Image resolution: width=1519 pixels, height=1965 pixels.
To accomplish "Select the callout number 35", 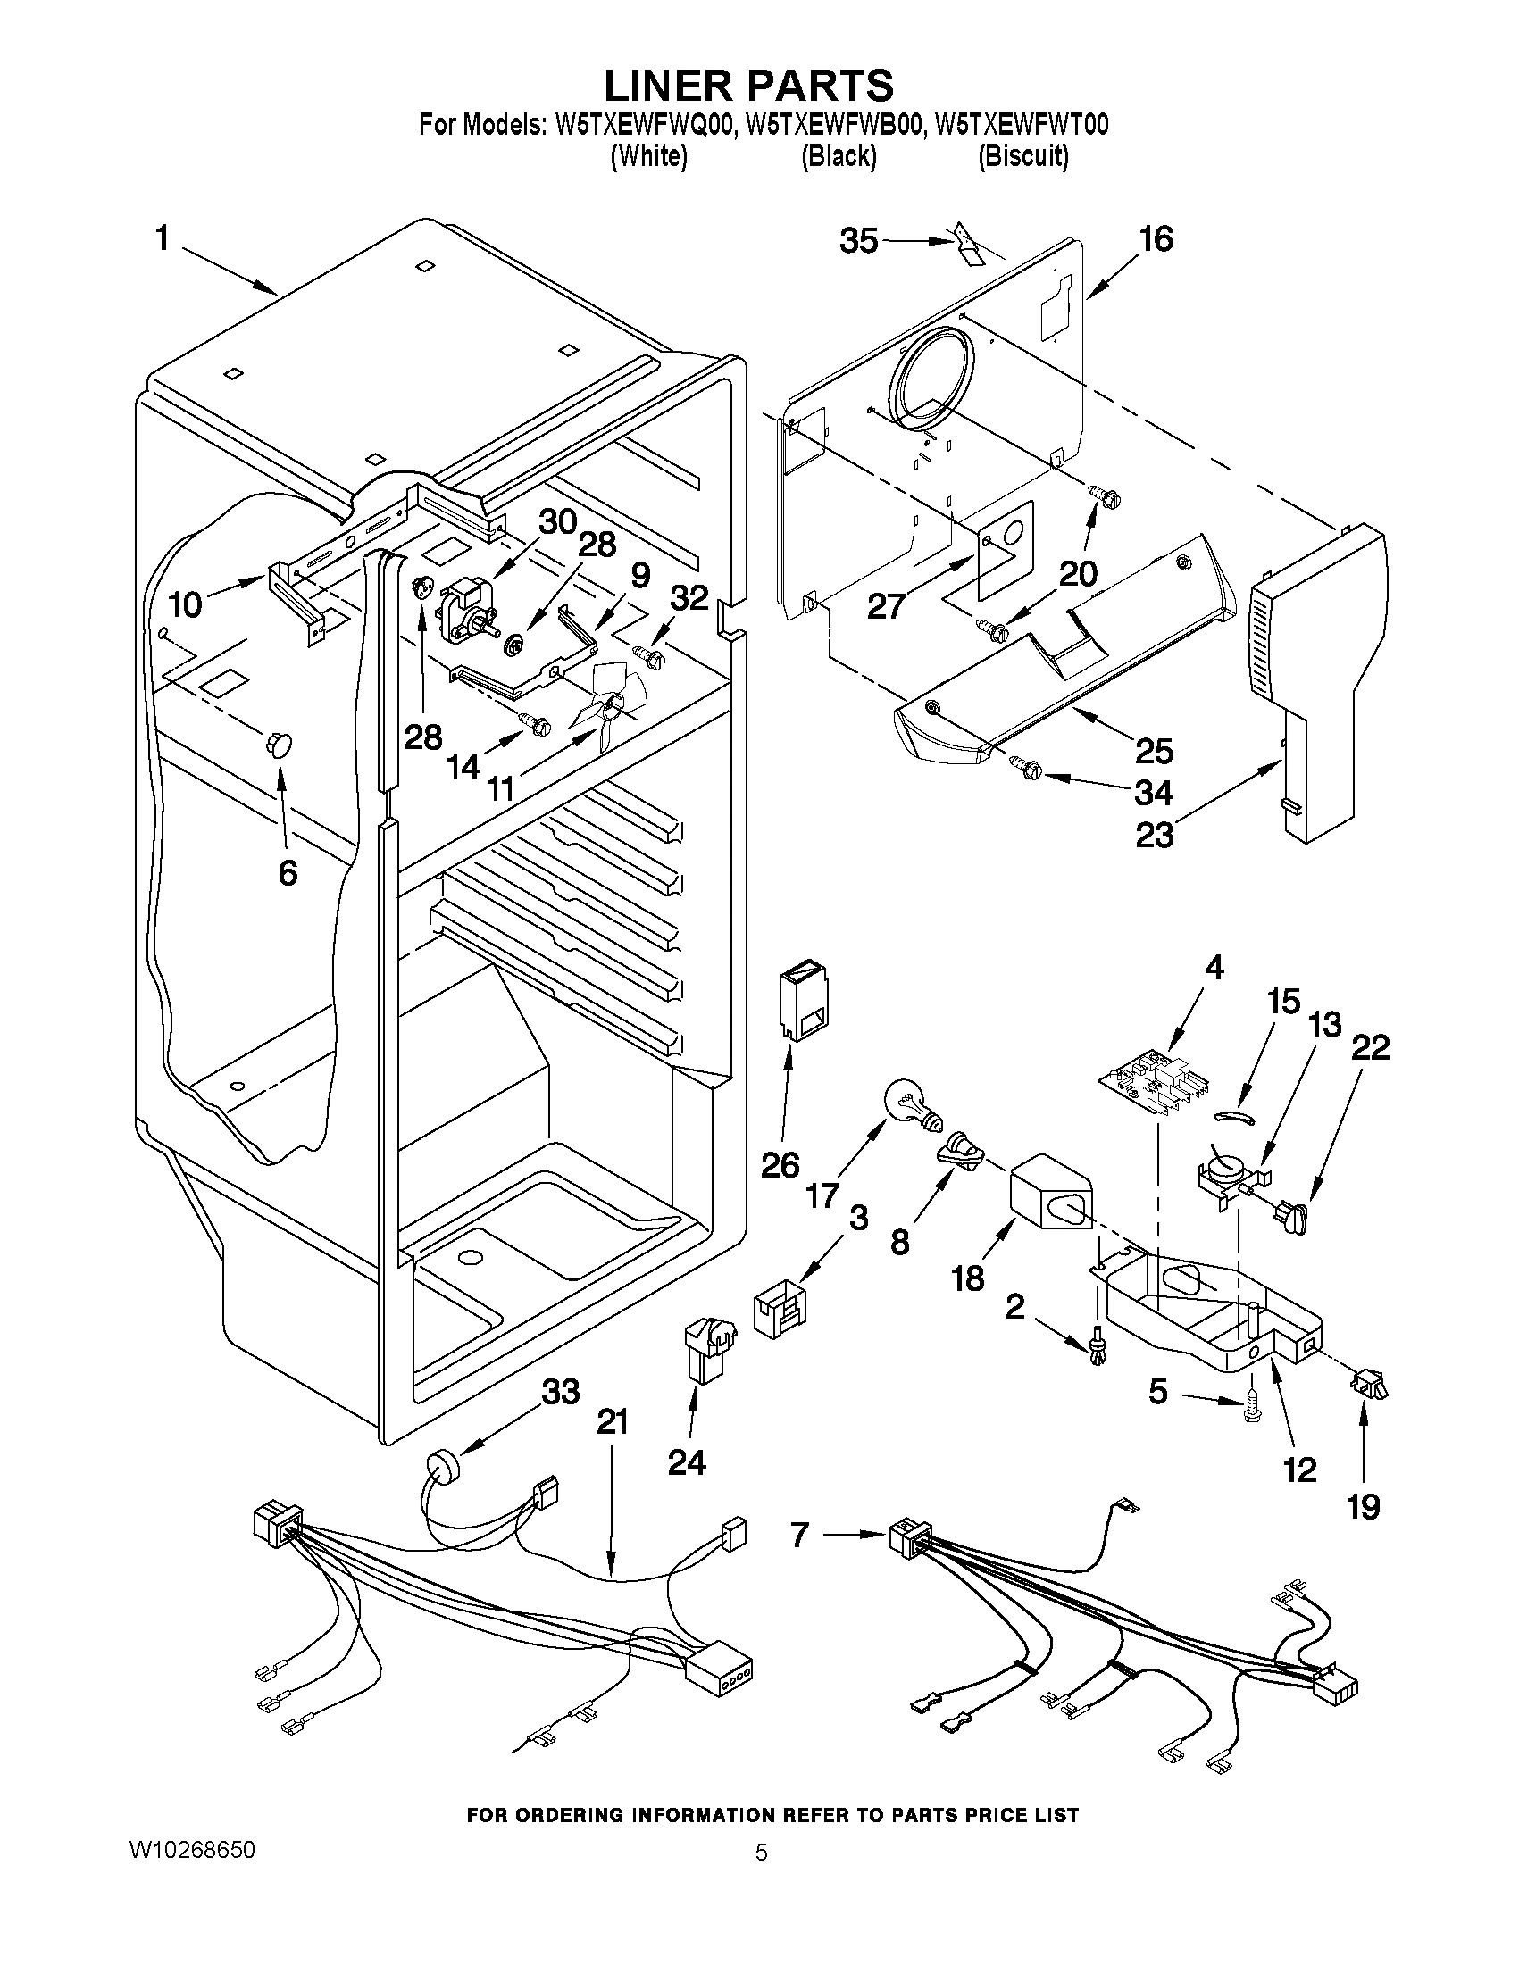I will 858,241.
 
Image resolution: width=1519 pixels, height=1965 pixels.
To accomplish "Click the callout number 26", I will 780,1165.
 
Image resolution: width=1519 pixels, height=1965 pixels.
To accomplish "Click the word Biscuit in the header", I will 1023,156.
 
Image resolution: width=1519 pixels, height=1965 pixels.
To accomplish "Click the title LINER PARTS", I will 747,85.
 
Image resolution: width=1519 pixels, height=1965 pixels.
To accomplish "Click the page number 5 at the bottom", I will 761,1853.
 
